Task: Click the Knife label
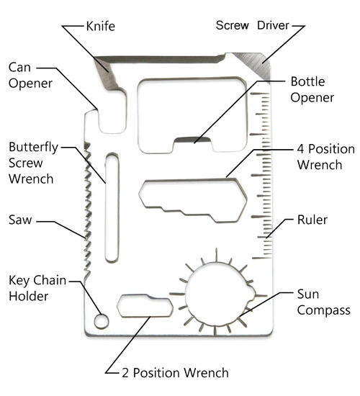point(101,26)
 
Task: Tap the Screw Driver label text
point(253,25)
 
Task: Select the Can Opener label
point(30,76)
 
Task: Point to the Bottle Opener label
point(312,90)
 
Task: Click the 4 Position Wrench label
point(326,157)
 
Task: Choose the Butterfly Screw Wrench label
point(33,163)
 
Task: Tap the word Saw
point(20,220)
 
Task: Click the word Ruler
point(312,220)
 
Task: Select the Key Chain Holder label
point(37,288)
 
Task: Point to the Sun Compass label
point(323,302)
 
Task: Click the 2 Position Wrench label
point(176,373)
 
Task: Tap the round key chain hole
point(102,322)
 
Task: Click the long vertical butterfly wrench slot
point(112,208)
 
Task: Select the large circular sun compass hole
point(219,294)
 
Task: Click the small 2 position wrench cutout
point(145,306)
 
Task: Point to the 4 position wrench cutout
point(193,200)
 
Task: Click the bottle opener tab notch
point(193,140)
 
